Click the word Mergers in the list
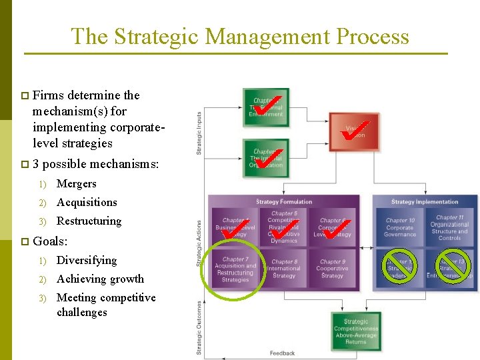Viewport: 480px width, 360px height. [76, 183]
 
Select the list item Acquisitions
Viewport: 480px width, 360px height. [87, 202]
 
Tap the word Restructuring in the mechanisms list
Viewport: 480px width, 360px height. [89, 221]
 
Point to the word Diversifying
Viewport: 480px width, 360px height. [87, 260]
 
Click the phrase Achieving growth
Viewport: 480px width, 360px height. [100, 279]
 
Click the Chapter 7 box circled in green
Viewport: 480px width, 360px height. [235, 269]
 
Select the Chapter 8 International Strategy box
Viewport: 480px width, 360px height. [284, 269]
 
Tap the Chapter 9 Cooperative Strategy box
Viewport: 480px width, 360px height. [332, 269]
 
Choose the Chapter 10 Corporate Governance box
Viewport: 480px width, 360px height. [400, 227]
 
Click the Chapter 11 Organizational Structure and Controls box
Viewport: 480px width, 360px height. [450, 227]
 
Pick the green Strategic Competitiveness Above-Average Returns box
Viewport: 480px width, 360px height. [356, 330]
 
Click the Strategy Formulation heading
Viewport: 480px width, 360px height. [285, 201]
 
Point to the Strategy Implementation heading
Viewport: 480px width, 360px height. [425, 201]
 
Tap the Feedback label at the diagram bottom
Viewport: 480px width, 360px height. [283, 353]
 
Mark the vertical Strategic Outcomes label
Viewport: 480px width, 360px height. [199, 327]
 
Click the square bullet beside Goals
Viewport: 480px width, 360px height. [24, 241]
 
